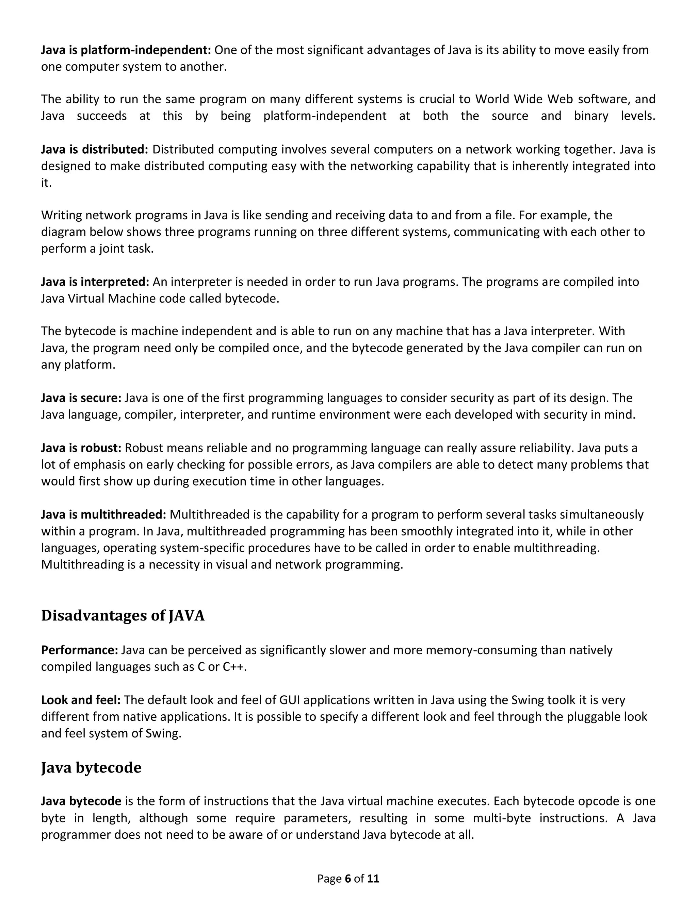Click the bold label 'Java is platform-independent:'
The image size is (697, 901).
tap(126, 50)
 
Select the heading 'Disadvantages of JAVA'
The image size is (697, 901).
tap(123, 615)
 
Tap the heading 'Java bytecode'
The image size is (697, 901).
tap(91, 767)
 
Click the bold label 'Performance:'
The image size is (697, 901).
tap(80, 650)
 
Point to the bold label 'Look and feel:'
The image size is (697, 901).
tap(81, 700)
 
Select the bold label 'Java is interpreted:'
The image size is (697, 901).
tap(95, 282)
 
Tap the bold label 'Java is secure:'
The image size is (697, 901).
tap(81, 398)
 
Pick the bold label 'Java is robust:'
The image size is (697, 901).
tap(81, 448)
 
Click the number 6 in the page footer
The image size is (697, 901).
tap(347, 879)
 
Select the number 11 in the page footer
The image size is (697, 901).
tap(373, 879)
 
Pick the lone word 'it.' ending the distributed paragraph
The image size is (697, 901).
tap(46, 183)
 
